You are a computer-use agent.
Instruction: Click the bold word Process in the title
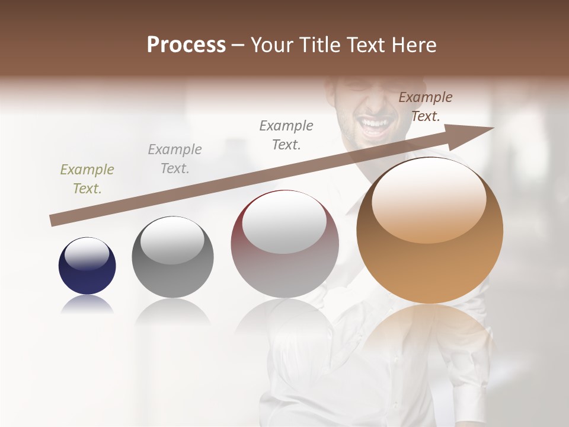pyautogui.click(x=186, y=45)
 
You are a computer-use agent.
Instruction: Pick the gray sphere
pyautogui.click(x=172, y=257)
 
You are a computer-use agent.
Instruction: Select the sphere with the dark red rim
pyautogui.click(x=284, y=244)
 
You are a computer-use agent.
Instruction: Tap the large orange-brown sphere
pyautogui.click(x=430, y=231)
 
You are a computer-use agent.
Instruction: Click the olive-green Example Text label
pyautogui.click(x=87, y=179)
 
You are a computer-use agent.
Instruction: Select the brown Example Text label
pyautogui.click(x=426, y=107)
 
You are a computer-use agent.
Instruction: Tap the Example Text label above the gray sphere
pyautogui.click(x=175, y=159)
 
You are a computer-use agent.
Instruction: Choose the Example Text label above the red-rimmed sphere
pyautogui.click(x=286, y=135)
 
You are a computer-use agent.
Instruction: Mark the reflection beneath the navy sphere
pyautogui.click(x=87, y=305)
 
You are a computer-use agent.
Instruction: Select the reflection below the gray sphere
pyautogui.click(x=172, y=312)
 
